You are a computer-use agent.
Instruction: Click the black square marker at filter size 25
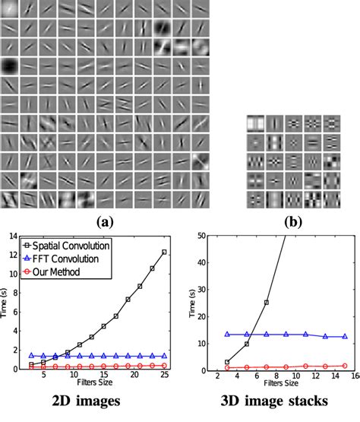(x=164, y=252)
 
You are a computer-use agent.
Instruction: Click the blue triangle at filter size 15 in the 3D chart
(x=345, y=336)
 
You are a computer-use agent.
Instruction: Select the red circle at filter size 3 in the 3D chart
(x=227, y=367)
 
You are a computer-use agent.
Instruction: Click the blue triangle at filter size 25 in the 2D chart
(x=164, y=355)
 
